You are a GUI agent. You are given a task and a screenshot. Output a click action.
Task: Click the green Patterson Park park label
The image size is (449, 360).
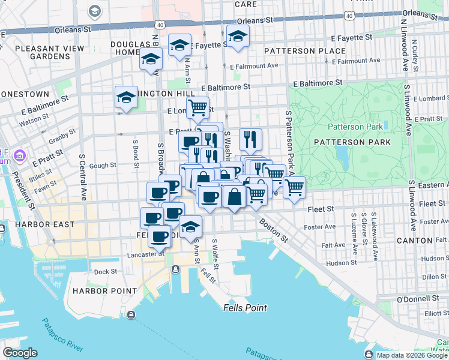[355, 127]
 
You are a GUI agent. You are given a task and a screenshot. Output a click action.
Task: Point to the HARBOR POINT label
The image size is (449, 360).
[97, 291]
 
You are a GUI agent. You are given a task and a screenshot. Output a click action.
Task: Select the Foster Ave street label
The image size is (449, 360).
[322, 227]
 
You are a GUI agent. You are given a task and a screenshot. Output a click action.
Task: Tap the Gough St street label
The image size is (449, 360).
[103, 165]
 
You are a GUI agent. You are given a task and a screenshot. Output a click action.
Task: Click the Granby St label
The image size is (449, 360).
[62, 141]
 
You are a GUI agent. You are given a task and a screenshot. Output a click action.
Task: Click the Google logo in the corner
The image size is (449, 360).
[20, 353]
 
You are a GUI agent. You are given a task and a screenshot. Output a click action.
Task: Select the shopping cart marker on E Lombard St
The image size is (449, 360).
[197, 108]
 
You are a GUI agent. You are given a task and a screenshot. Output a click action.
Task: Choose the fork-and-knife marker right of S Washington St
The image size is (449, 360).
[251, 139]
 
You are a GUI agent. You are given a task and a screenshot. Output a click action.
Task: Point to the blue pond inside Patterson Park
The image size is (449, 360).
[343, 157]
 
